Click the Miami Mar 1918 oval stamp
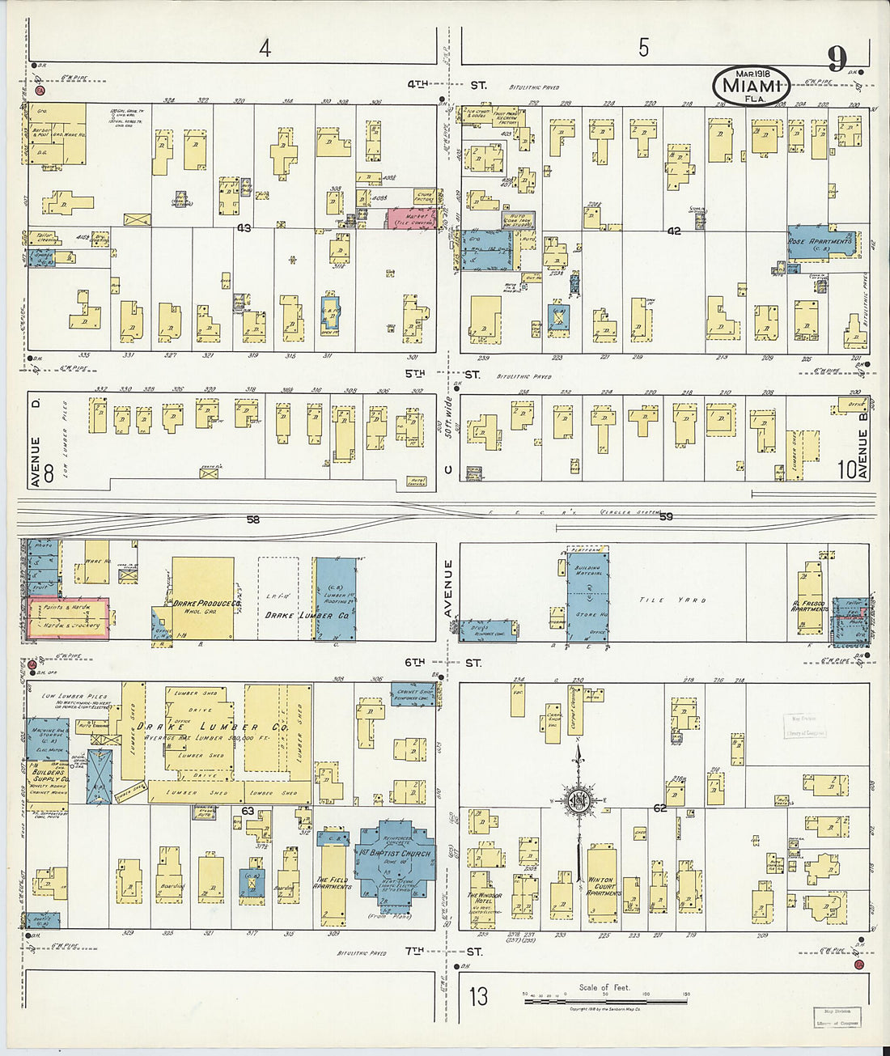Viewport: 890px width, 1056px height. (x=752, y=85)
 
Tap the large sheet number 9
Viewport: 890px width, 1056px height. (x=837, y=59)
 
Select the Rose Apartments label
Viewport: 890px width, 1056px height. (x=820, y=241)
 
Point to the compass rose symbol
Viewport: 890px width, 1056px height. (x=578, y=802)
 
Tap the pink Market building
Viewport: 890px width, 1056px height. (x=411, y=218)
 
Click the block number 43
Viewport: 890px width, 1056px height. (x=244, y=228)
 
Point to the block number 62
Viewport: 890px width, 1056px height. (x=659, y=808)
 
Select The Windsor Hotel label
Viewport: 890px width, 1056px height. (x=484, y=899)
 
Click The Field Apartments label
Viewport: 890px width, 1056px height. (x=333, y=884)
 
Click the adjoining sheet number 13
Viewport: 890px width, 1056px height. (x=479, y=996)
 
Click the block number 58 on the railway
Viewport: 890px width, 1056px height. (x=253, y=520)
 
